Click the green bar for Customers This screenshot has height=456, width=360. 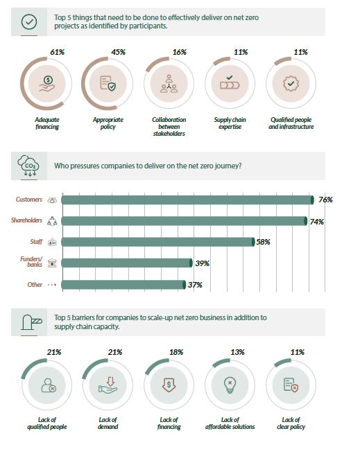(187, 200)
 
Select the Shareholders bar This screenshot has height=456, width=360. (184, 221)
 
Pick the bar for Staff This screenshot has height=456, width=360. (157, 242)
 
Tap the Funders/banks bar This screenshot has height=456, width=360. (126, 263)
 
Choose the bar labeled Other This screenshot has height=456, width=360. (123, 285)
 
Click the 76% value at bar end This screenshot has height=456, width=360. (325, 200)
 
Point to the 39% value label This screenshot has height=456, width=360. (201, 263)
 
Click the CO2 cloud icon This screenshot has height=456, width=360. (30, 166)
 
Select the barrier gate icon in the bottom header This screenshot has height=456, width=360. (30, 321)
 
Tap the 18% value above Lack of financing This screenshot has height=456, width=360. (176, 352)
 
